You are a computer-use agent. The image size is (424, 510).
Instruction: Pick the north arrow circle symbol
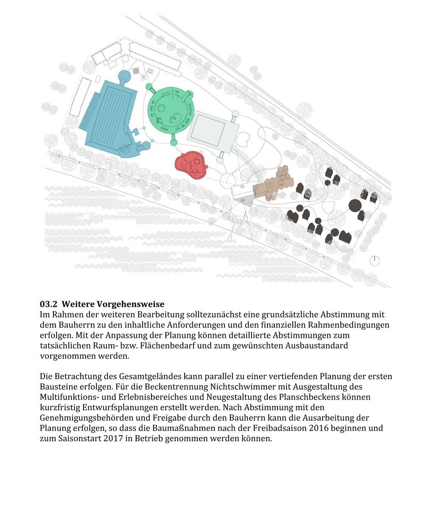point(374,261)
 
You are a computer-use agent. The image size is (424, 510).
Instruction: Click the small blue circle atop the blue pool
point(124,76)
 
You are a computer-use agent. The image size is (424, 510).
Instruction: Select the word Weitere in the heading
point(78,304)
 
